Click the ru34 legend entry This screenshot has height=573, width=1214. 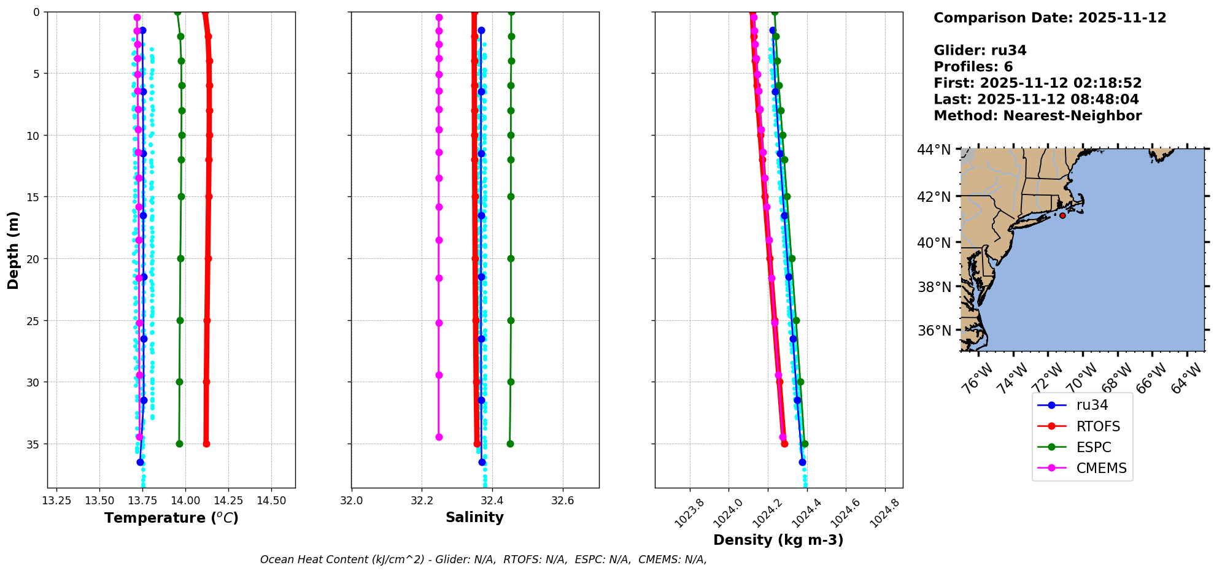point(1092,406)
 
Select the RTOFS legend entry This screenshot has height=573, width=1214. point(1098,426)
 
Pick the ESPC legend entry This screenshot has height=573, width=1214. point(1094,447)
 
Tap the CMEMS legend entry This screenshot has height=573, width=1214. point(1101,468)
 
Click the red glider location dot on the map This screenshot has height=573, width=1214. point(1062,215)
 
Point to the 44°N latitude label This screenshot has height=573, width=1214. point(934,150)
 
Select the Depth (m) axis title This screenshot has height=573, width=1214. point(14,250)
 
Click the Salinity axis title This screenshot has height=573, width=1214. point(474,517)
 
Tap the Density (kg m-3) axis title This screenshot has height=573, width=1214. point(778,540)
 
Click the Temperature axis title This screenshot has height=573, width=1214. point(171,518)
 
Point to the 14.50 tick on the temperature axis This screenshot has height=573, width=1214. point(271,501)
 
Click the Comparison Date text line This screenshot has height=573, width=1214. point(1050,18)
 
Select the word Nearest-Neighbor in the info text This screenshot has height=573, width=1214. point(1072,116)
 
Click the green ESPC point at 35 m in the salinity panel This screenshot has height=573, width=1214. point(510,444)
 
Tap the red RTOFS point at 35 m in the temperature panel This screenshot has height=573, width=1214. point(206,444)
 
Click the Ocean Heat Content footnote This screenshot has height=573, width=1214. point(483,560)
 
